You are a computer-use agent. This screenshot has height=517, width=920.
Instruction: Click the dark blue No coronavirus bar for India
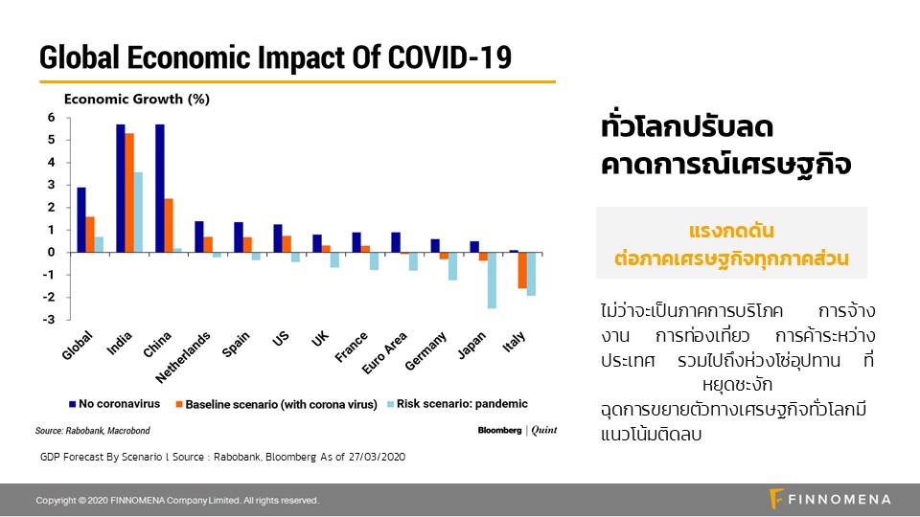pos(121,189)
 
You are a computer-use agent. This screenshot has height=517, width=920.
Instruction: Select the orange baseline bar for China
pos(168,225)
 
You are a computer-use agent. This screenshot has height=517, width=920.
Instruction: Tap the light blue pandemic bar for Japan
pos(492,280)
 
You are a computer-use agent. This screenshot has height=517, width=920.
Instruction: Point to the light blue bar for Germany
pos(452,266)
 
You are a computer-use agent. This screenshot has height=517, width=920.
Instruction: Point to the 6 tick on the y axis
pos(52,118)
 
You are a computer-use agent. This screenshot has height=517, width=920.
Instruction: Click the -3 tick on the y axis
pos(50,320)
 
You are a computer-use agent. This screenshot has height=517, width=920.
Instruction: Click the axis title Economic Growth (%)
pos(136,99)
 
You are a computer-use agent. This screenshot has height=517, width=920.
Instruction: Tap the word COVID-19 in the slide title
pos(449,58)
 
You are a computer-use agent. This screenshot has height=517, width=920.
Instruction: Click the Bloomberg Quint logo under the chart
pos(517,430)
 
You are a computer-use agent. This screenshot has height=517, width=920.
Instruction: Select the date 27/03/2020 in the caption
pos(373,457)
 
